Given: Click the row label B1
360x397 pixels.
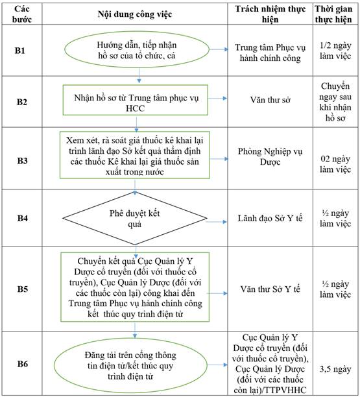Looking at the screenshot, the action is (20, 51).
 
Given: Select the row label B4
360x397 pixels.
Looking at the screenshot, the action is (22, 218).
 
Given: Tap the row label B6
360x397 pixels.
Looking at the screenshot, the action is (22, 363).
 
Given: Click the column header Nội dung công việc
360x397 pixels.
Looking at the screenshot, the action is (135, 14).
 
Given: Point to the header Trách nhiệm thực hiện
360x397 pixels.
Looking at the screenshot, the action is (270, 14).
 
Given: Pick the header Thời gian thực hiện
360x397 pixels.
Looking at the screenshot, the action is (333, 14).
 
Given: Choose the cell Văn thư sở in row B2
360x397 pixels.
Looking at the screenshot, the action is (270, 100).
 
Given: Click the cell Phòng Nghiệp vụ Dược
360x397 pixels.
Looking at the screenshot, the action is (270, 156).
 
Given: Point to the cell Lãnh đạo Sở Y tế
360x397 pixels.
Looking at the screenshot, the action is (270, 218).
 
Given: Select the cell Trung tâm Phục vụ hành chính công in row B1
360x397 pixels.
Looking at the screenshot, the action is (270, 53).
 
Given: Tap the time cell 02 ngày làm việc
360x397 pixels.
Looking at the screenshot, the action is (335, 164).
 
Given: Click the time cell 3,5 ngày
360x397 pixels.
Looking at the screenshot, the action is (335, 369).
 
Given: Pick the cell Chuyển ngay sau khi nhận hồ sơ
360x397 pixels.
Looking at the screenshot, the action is (335, 102).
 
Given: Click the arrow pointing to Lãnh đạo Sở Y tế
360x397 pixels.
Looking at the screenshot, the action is (217, 222).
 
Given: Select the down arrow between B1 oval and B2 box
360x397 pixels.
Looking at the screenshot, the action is (139, 75).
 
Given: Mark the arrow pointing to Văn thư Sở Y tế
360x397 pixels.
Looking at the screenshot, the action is (217, 293).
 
